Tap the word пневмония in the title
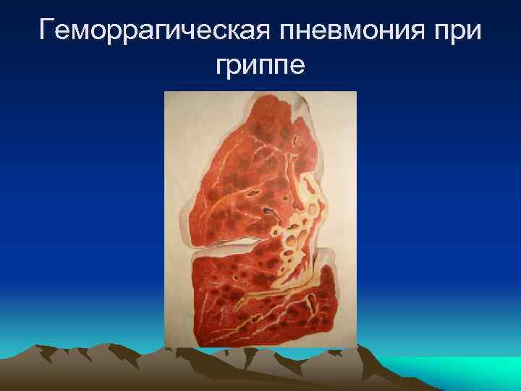click(x=346, y=31)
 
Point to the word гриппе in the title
click(x=260, y=67)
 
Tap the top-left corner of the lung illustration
click(x=166, y=93)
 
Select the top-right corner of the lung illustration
click(x=355, y=93)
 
